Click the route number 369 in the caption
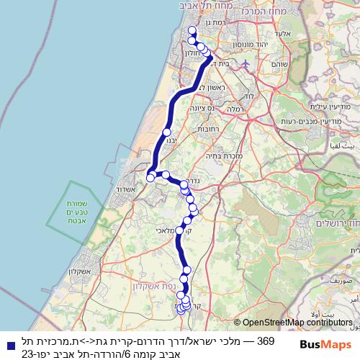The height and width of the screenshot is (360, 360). (265, 340)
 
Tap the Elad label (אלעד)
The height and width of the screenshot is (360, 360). (283, 33)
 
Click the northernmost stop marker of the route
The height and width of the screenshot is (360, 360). (192, 30)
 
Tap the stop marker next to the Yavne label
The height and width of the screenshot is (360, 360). (167, 132)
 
